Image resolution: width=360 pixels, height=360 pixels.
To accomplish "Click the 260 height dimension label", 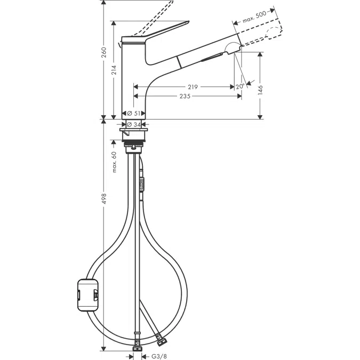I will [104, 53].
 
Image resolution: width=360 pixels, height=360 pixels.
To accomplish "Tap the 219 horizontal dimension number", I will [193, 87].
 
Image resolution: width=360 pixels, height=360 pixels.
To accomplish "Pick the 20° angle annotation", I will [239, 86].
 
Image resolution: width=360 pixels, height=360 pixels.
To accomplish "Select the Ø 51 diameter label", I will [134, 113].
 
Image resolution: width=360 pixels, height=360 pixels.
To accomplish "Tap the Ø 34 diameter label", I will [134, 125].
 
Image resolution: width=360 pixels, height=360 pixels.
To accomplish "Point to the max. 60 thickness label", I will [114, 162].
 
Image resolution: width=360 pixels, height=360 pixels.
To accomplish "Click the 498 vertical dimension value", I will [104, 198].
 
